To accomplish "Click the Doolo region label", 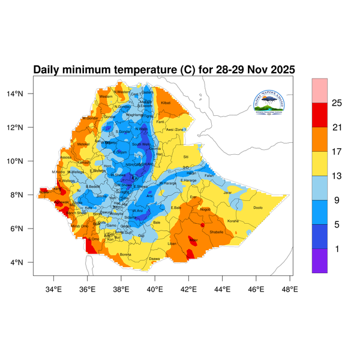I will click(259, 208).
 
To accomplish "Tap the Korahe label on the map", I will click(233, 221).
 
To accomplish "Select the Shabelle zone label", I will click(216, 232).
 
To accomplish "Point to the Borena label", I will click(125, 254).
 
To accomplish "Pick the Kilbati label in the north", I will click(166, 103).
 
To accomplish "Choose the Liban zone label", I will click(172, 244).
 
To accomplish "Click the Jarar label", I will click(227, 193).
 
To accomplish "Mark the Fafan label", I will click(209, 175).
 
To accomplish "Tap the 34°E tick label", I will click(54, 289).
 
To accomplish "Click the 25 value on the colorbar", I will click(337, 103).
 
